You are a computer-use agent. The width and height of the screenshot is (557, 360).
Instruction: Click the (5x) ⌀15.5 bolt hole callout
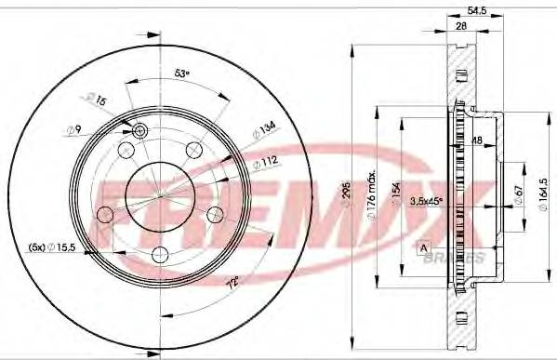(53, 248)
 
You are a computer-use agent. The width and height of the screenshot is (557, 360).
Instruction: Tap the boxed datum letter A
(425, 247)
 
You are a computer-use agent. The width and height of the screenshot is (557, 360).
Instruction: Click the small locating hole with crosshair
(140, 131)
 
